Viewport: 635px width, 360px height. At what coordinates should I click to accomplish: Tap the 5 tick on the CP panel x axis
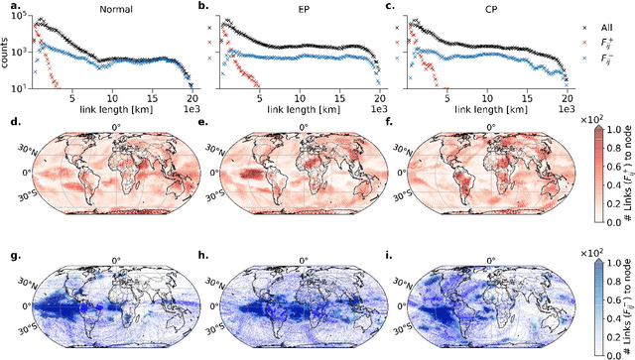[x=446, y=98]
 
